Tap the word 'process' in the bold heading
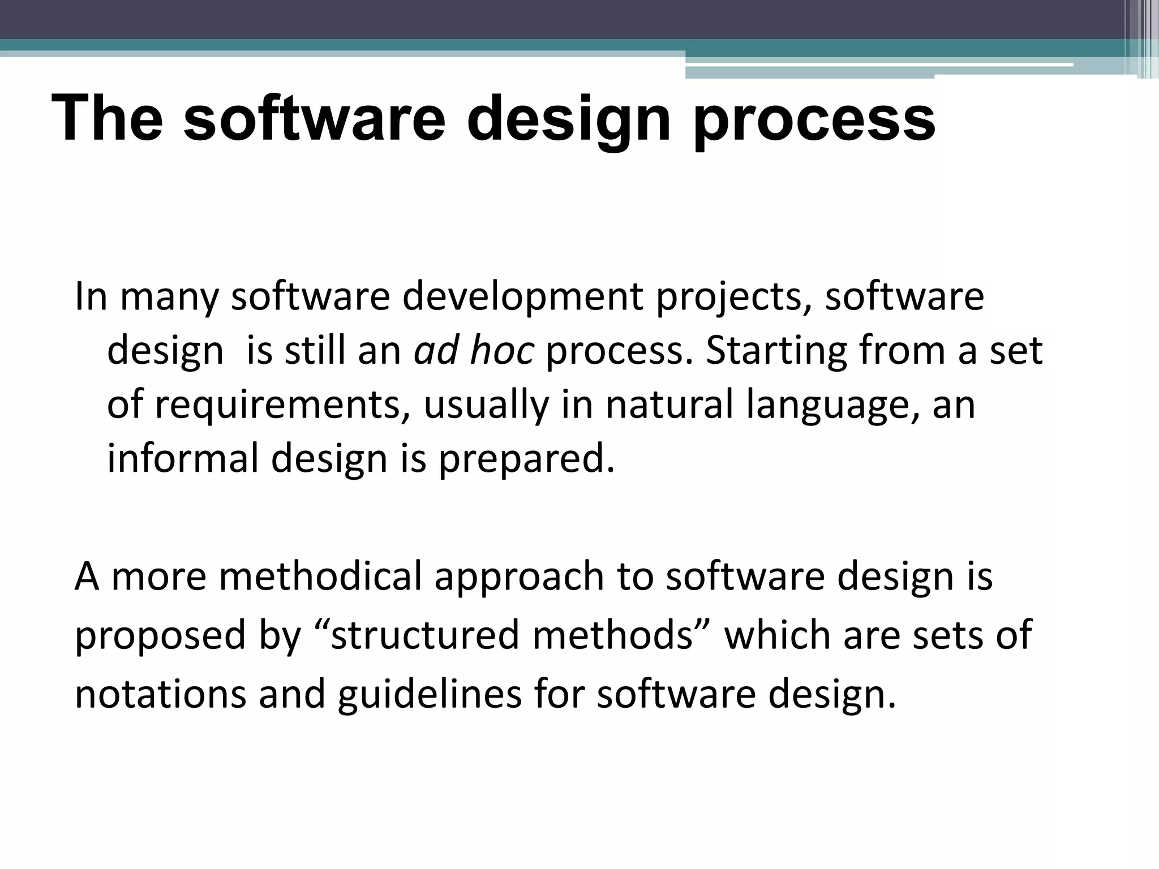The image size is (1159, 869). [814, 120]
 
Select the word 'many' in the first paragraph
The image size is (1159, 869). [169, 298]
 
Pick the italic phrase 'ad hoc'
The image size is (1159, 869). [474, 351]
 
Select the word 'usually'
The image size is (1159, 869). [486, 405]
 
